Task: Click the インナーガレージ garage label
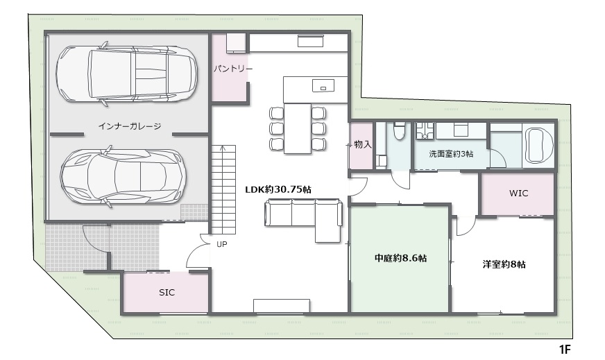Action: click(x=129, y=126)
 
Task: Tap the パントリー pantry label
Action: click(x=233, y=69)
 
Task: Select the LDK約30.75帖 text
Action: click(x=278, y=189)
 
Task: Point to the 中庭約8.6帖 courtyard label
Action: click(x=400, y=258)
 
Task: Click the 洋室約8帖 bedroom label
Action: click(x=504, y=264)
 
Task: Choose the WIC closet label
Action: click(x=518, y=194)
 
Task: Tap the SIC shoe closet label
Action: click(x=167, y=293)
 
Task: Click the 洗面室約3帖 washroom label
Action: click(x=451, y=154)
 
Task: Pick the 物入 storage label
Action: click(x=363, y=145)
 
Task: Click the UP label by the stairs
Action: click(x=222, y=244)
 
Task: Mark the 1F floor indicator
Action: click(x=565, y=350)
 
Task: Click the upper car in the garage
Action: click(x=127, y=74)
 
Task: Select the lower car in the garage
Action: click(x=123, y=176)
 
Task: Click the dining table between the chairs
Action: click(x=298, y=128)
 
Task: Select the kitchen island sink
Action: click(x=323, y=85)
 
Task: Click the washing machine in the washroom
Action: click(x=425, y=131)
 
